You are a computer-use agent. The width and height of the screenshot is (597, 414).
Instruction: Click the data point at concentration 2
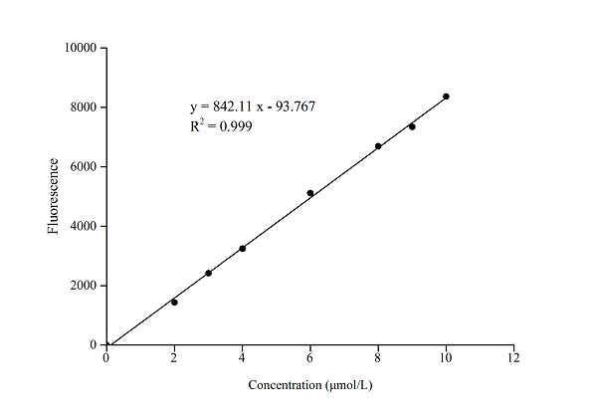tap(174, 302)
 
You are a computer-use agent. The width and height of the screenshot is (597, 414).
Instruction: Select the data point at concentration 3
tap(208, 273)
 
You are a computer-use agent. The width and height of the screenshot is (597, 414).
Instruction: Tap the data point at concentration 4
tap(242, 248)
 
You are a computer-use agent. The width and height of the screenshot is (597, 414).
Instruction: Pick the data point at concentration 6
tap(310, 193)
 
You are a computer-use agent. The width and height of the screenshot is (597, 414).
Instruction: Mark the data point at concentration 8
tap(378, 146)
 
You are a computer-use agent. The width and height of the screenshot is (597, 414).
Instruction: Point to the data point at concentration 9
tap(412, 126)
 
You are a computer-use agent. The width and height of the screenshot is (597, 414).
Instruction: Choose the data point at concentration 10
tap(446, 97)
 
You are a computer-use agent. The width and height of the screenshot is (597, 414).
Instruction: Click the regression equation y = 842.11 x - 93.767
tap(253, 106)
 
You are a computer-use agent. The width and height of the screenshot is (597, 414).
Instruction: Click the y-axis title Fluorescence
tap(54, 197)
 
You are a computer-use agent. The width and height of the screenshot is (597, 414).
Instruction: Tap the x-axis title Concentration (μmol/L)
tap(309, 384)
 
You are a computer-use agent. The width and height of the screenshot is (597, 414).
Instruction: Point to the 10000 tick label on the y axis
tap(79, 48)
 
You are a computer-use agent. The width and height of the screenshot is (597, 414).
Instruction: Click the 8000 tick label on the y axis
tap(82, 107)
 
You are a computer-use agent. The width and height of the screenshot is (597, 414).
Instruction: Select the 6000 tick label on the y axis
tap(82, 167)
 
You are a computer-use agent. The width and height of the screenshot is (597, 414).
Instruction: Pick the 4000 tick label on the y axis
tap(82, 226)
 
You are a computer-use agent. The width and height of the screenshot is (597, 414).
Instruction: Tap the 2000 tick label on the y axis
tap(82, 286)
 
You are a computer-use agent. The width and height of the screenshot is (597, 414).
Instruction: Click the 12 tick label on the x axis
tap(513, 358)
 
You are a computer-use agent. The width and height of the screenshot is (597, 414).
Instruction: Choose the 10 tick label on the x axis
tap(446, 358)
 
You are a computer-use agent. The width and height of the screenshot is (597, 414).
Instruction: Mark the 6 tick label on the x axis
tap(310, 358)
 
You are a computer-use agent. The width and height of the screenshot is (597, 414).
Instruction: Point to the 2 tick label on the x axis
tap(174, 358)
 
